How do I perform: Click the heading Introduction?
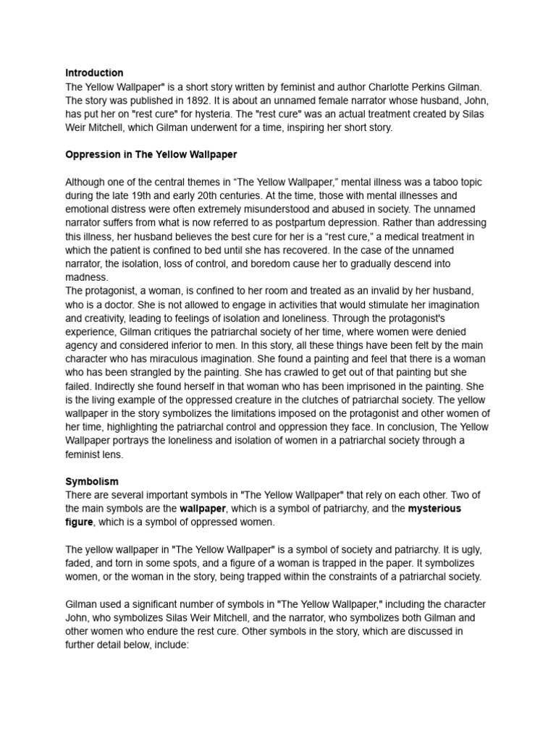[x=94, y=73]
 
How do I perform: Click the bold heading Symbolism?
[x=92, y=481]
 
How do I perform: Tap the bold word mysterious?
[x=434, y=509]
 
